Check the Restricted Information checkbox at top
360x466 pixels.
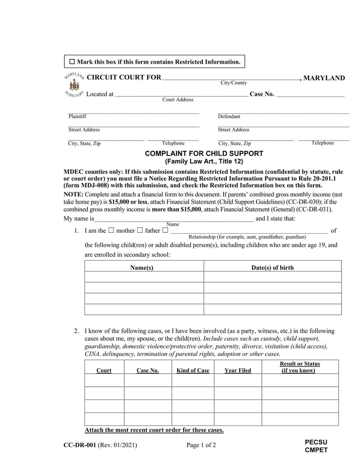(72, 62)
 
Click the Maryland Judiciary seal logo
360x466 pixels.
(74, 86)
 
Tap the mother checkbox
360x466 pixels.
(112, 231)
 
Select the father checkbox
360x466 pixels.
(140, 231)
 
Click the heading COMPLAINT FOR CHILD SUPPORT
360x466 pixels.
(204, 154)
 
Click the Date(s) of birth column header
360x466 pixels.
(272, 268)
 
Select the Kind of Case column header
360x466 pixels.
(193, 371)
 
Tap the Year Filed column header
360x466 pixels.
(238, 371)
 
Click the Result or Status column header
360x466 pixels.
(300, 367)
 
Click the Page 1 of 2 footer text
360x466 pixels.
(201, 446)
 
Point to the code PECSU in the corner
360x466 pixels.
(316, 442)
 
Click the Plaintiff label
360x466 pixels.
(77, 117)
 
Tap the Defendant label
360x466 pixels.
(229, 117)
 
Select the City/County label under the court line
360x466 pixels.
(233, 83)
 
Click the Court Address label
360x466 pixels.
(178, 100)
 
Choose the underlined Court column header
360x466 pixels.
(104, 371)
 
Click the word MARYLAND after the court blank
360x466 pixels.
(324, 78)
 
